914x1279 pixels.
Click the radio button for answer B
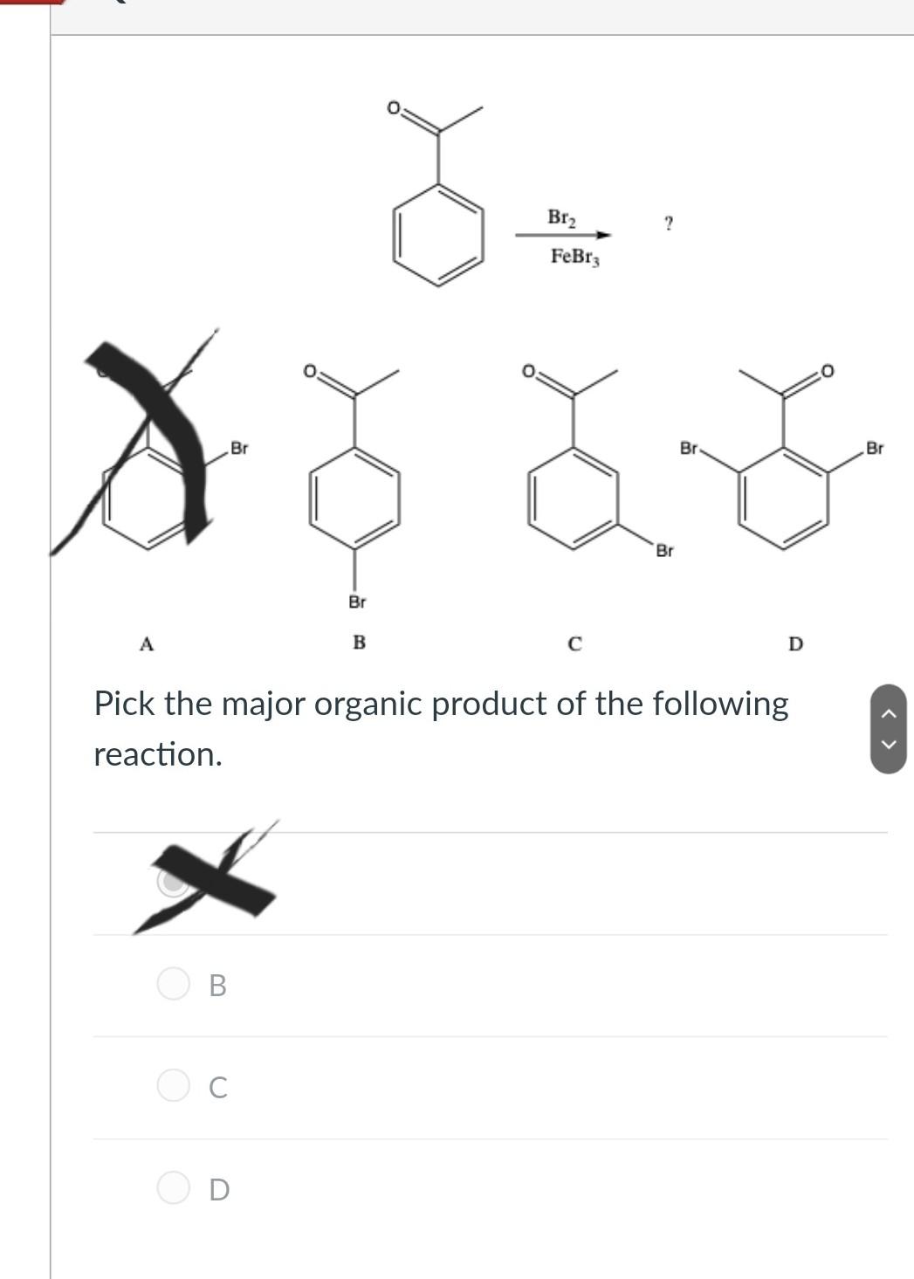click(x=173, y=984)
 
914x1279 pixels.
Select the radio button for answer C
click(x=173, y=1086)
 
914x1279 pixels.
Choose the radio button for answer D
click(x=173, y=1188)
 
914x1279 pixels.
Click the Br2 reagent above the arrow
click(x=561, y=217)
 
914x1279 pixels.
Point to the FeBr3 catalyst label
click(x=574, y=257)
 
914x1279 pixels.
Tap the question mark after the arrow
click(x=669, y=223)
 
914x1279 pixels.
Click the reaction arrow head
click(x=604, y=235)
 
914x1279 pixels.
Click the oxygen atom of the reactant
click(x=394, y=108)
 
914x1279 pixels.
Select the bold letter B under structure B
click(x=359, y=643)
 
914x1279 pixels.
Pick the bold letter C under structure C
click(x=574, y=644)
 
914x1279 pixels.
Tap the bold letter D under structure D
click(x=795, y=644)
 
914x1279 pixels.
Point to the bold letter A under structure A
click(x=147, y=644)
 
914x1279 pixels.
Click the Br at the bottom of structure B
click(x=357, y=602)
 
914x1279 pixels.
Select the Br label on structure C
click(x=664, y=551)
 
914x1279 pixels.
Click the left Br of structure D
click(x=689, y=448)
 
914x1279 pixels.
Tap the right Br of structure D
click(x=874, y=448)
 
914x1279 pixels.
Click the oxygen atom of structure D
click(x=828, y=371)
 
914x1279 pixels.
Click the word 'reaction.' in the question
click(x=158, y=754)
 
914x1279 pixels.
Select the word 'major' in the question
click(x=263, y=704)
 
